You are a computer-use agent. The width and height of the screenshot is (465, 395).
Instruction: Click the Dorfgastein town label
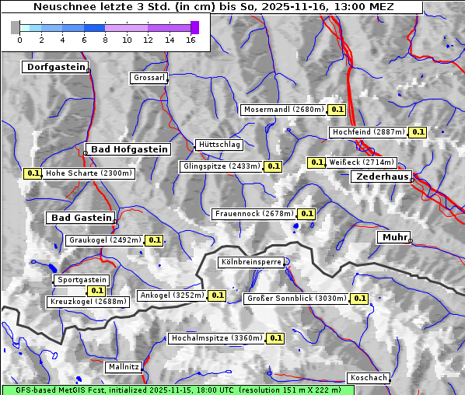(54, 68)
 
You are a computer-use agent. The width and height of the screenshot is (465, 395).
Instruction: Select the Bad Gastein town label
(82, 218)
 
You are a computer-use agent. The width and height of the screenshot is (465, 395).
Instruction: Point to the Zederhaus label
(382, 177)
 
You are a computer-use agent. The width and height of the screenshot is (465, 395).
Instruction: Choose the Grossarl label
(148, 79)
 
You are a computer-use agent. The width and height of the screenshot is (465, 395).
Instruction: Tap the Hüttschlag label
(219, 145)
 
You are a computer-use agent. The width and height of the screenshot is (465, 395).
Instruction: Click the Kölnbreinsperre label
(251, 263)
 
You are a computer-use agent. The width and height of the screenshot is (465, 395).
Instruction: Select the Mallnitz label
(124, 366)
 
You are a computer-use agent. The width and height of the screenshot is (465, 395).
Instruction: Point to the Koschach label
(368, 378)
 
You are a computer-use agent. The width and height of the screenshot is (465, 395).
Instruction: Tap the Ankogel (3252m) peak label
(171, 295)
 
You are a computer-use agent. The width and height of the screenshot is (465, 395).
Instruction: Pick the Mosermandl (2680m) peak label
(284, 110)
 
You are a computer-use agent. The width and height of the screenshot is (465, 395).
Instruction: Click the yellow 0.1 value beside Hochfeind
(418, 132)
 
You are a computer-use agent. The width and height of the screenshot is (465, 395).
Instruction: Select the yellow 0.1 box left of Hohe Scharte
(33, 173)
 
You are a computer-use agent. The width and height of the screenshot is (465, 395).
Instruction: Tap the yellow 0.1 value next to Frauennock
(306, 214)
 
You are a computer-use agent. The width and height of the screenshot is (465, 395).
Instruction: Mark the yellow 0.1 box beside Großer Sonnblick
(359, 299)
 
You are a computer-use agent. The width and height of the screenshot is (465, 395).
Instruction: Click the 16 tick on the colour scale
(191, 40)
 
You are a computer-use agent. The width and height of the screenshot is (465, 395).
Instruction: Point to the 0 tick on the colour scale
(19, 40)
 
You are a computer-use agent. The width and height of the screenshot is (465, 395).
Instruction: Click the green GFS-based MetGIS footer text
(171, 390)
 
